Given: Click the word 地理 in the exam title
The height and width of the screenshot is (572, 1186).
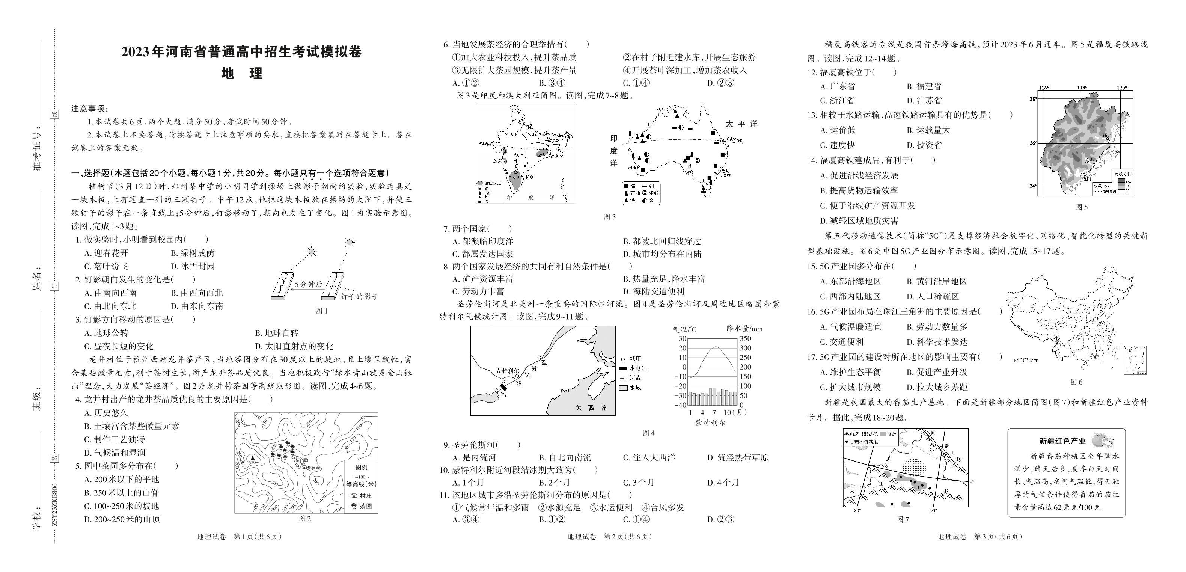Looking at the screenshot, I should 242,74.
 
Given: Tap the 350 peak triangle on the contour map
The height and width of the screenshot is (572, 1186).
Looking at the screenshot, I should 252,458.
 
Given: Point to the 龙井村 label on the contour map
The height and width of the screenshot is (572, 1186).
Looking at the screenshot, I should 313,468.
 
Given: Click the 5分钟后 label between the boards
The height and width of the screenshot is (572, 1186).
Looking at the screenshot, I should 308,284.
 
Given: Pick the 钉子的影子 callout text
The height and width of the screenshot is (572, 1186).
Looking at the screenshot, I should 359,297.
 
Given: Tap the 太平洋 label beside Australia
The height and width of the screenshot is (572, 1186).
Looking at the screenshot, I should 741,124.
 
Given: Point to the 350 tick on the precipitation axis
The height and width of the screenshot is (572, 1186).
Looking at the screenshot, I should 745,338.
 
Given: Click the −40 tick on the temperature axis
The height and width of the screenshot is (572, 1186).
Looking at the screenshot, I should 680,405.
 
